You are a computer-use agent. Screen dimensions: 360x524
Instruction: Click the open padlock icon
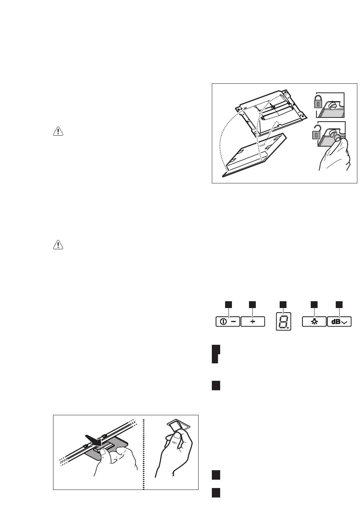click(316, 132)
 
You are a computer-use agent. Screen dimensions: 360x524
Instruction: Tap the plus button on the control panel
click(253, 321)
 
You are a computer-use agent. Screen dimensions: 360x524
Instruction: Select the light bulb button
click(314, 322)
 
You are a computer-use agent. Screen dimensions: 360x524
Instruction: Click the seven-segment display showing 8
click(283, 321)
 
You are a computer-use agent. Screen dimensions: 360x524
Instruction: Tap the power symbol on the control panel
click(224, 322)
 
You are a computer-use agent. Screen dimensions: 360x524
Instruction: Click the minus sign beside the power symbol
click(234, 322)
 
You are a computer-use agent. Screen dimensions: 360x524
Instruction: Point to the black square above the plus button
click(252, 305)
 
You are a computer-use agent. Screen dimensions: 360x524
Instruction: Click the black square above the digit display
click(283, 305)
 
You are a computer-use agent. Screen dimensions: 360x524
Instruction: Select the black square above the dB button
click(339, 305)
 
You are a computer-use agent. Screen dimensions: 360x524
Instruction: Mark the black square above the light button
click(314, 305)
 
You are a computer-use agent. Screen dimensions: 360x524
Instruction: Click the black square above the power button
click(229, 305)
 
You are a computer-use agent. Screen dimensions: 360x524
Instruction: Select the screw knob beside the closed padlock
click(332, 105)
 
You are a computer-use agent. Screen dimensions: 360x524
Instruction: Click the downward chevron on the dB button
click(344, 322)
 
